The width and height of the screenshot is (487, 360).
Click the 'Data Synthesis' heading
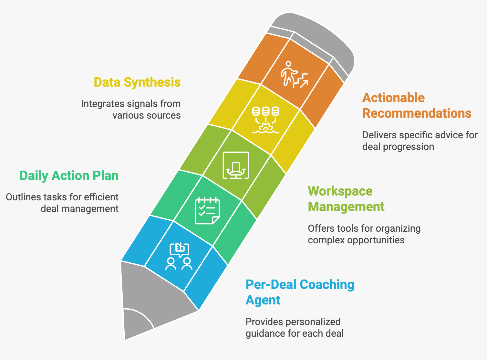coord(137,82)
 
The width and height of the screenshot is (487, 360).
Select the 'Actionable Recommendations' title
coord(417,106)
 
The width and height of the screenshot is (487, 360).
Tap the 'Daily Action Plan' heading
coord(69,176)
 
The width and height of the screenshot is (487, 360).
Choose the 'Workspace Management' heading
coord(346,199)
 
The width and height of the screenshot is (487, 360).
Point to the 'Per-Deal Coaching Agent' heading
coord(300,292)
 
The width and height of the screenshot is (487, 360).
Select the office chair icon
coord(236,165)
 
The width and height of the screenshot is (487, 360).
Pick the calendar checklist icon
coord(207,211)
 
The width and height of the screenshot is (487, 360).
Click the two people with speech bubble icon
coord(179,256)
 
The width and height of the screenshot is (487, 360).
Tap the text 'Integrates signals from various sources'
coord(130,110)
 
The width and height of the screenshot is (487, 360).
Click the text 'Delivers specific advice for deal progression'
coord(420,141)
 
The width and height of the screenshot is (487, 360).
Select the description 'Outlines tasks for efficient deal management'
coord(62,203)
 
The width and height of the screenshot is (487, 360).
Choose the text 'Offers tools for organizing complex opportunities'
coord(364,234)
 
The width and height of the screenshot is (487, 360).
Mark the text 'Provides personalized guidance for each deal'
coord(294,327)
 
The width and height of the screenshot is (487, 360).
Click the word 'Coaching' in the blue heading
coord(327,285)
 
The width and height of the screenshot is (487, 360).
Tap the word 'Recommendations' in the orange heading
coord(417,113)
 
